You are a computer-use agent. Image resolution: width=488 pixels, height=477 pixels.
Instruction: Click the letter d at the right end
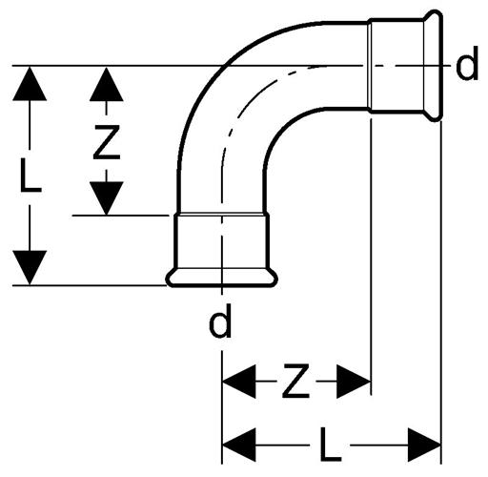[x=467, y=63]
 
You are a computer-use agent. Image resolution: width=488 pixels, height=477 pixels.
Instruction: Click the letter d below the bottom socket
[x=220, y=321]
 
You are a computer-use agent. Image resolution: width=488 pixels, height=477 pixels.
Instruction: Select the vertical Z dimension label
[x=107, y=142]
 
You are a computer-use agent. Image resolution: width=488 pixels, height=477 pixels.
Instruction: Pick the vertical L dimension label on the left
[x=30, y=176]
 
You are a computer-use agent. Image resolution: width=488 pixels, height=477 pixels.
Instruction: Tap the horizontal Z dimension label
[x=295, y=381]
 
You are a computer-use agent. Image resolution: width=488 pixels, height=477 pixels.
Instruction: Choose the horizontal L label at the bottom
[x=331, y=444]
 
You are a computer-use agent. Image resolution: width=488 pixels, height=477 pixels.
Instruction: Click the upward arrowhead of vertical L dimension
[x=30, y=84]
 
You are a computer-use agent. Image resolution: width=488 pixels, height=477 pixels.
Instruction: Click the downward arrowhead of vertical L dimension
[x=30, y=268]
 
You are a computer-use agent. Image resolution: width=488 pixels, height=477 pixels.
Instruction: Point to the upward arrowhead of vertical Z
[x=107, y=84]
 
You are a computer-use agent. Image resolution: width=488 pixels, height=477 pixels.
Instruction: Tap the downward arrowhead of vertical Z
[x=107, y=198]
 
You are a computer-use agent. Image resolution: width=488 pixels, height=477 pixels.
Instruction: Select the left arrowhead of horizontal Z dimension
[x=239, y=382]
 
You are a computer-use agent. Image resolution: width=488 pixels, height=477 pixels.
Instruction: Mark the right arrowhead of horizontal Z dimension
[x=354, y=382]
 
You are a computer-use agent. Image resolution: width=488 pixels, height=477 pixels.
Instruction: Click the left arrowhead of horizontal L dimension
[x=239, y=445]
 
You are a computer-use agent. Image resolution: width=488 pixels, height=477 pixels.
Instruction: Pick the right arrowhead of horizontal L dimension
[x=424, y=445]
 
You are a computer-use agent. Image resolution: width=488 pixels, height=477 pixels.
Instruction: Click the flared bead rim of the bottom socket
[x=222, y=279]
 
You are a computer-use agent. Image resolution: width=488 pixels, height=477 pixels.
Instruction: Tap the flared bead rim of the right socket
[x=434, y=66]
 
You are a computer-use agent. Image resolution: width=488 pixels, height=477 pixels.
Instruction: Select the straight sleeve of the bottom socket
[x=222, y=241]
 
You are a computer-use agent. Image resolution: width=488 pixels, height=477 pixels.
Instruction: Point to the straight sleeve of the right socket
[x=396, y=66]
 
